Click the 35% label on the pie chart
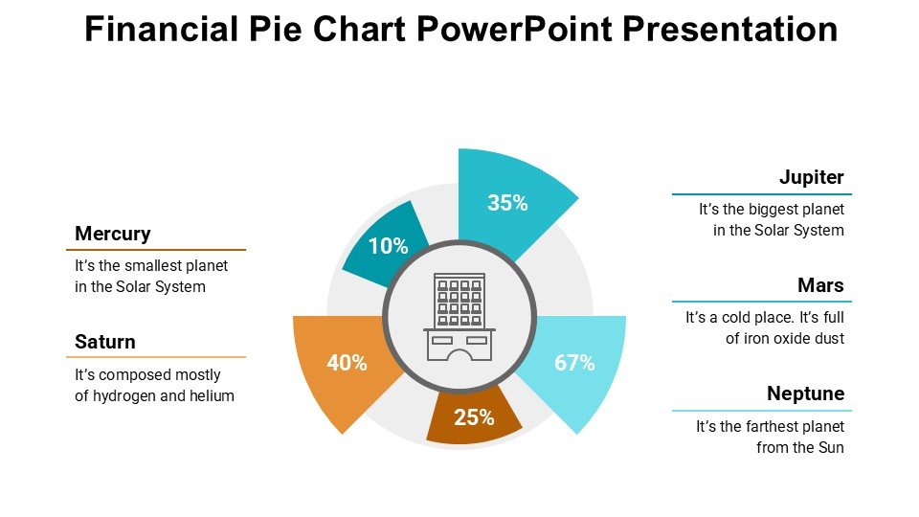pos(507,203)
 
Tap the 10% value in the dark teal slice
pos(388,246)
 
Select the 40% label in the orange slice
pos(347,363)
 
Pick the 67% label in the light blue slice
pos(574,363)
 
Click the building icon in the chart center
pos(459,317)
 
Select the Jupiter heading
pos(811,177)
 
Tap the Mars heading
pos(820,285)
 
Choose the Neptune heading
pos(805,393)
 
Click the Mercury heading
pos(113,234)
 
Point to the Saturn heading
pos(105,342)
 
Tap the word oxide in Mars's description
pos(793,338)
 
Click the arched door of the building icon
pos(459,355)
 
